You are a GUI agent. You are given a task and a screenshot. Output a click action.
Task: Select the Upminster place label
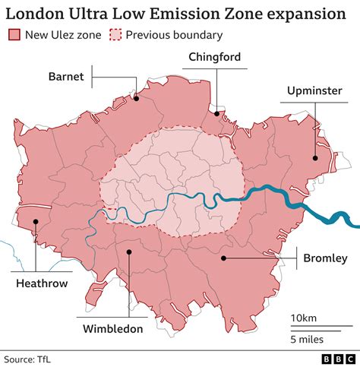coord(313,91)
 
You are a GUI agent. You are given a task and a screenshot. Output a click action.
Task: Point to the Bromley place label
coord(325,258)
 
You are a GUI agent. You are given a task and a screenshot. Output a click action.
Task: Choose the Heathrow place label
coord(42,283)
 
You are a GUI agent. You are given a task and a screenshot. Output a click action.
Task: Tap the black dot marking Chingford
coord(216,113)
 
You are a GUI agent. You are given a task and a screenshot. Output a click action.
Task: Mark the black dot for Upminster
coord(313,158)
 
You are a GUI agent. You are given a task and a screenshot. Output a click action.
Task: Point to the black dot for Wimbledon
coord(128,251)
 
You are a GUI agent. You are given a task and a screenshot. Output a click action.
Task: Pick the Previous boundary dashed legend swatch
coord(115,34)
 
